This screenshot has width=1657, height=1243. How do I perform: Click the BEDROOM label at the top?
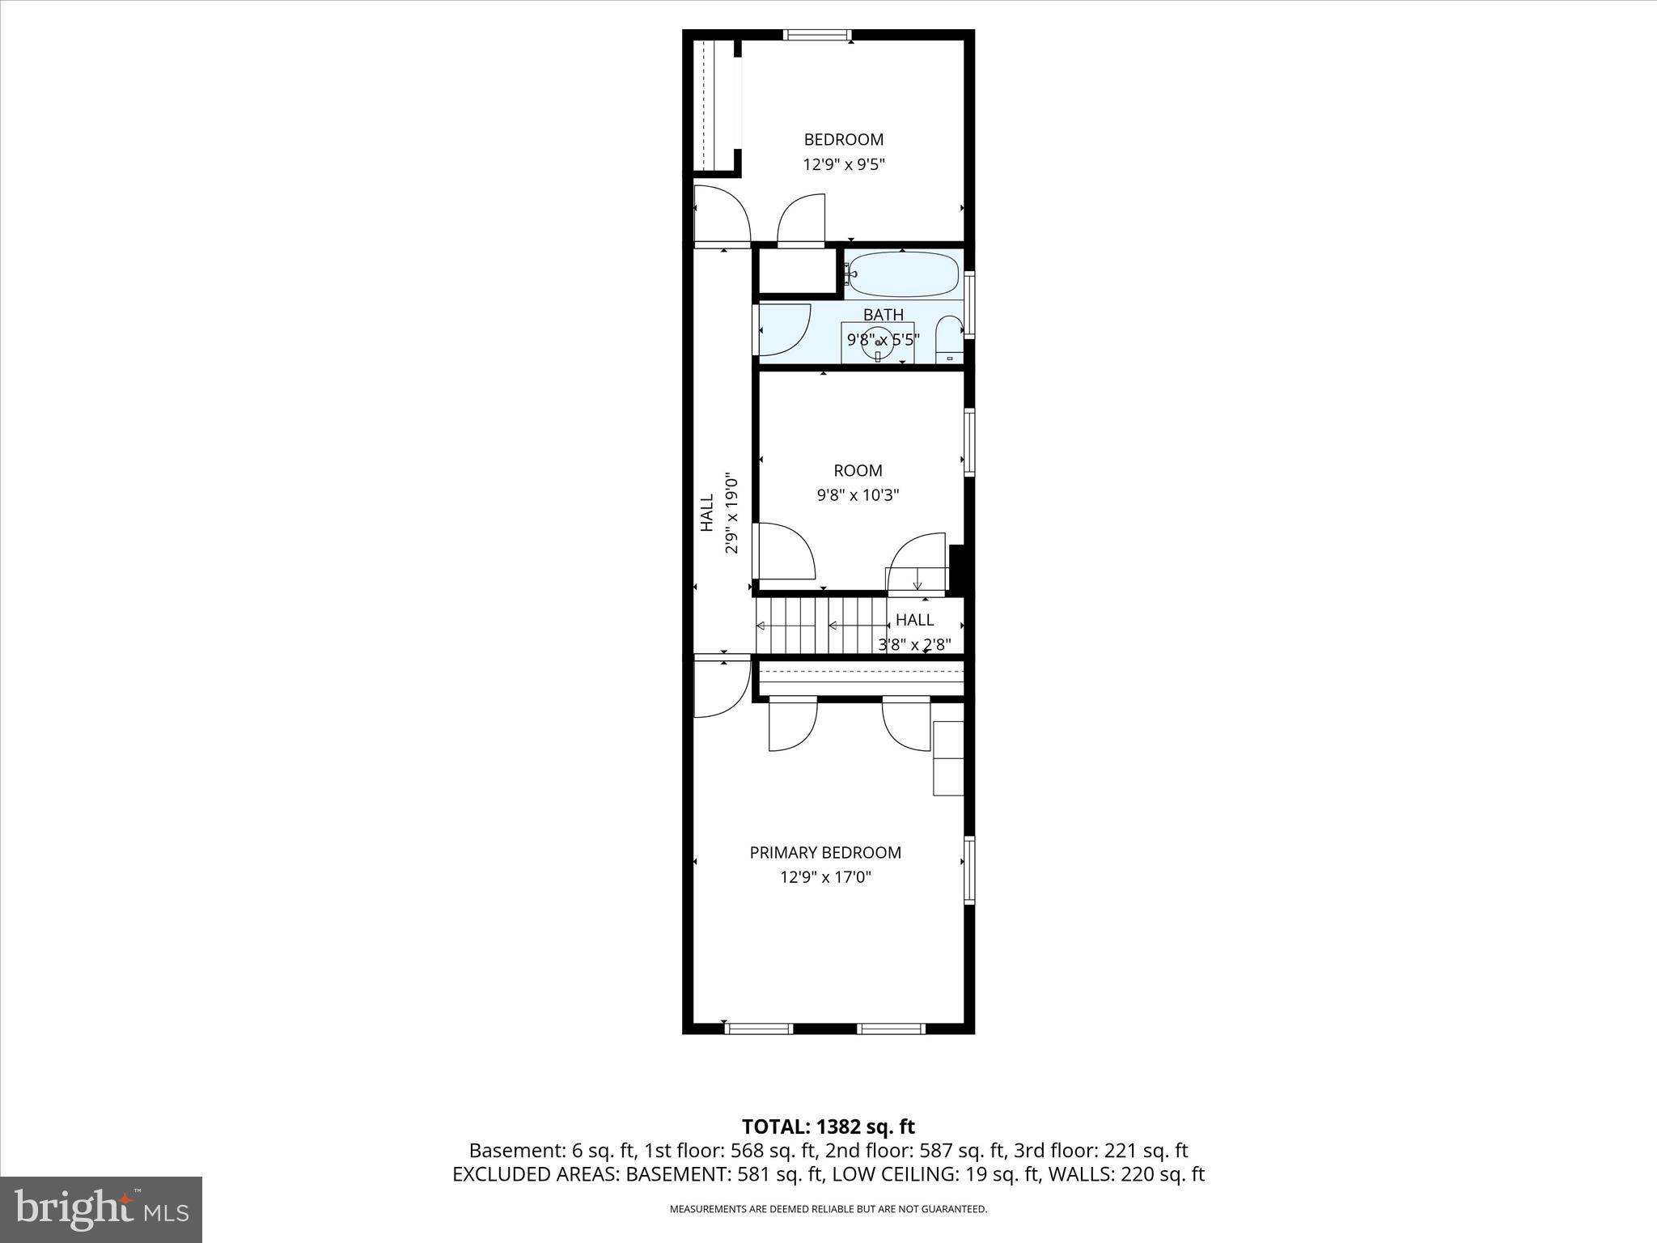point(843,139)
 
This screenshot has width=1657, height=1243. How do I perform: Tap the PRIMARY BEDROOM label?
point(825,852)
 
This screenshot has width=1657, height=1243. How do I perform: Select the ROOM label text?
point(858,470)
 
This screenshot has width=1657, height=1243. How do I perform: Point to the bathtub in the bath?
point(904,274)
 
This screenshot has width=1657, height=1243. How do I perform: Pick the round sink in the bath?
point(877,343)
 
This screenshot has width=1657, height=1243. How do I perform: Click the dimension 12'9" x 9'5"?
point(843,164)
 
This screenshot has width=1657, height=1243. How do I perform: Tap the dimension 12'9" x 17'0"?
point(825,876)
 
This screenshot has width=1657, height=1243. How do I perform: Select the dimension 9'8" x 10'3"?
point(858,494)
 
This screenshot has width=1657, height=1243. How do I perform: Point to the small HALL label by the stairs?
point(914,620)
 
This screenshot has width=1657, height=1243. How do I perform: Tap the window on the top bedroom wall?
point(817,35)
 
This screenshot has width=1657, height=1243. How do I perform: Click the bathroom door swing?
point(783,329)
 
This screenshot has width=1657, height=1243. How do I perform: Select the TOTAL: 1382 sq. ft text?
point(828,1126)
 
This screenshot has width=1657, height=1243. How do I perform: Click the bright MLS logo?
point(101,1209)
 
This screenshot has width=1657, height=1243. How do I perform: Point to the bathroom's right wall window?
point(969,304)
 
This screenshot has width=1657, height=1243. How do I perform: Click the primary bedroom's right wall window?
point(969,870)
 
